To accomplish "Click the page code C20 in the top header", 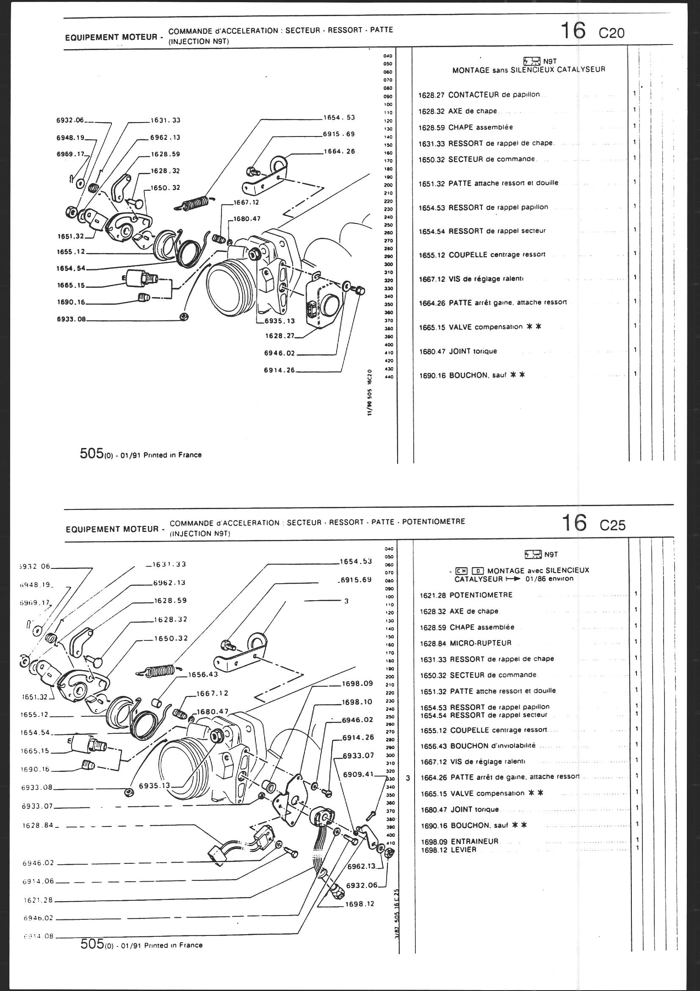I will tap(611, 33).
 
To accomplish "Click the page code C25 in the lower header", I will tap(612, 525).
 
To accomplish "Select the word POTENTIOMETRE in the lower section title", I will tap(434, 521).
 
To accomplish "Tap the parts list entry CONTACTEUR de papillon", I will tap(494, 95).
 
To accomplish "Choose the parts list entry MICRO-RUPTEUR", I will tap(481, 643).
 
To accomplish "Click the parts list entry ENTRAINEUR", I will tap(474, 841).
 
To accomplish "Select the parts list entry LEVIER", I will tap(464, 849).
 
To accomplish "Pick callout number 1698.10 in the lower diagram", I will tap(357, 702).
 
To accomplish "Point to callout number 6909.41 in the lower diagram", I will tap(357, 774).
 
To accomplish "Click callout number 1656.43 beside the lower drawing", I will tap(203, 674).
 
